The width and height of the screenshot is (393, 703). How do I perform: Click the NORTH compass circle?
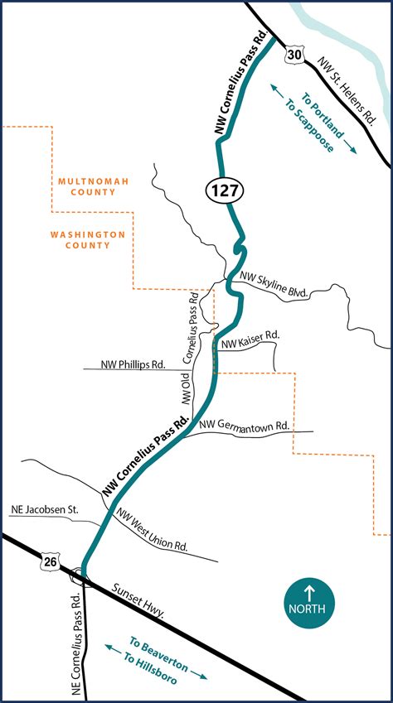(x=310, y=600)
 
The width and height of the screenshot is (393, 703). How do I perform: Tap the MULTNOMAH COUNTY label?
(x=85, y=186)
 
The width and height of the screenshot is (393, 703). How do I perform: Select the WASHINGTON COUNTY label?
(x=87, y=240)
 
